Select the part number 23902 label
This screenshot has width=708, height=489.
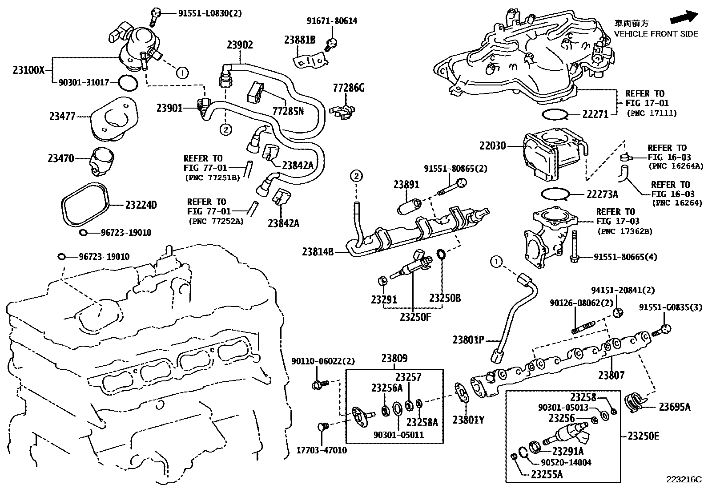(x=240, y=44)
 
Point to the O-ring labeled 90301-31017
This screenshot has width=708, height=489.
(x=128, y=83)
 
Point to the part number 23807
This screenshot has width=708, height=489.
(x=611, y=375)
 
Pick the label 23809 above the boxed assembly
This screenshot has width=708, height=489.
(x=394, y=358)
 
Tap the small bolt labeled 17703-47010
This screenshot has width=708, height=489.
(x=322, y=428)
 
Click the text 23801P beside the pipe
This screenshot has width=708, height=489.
(x=468, y=340)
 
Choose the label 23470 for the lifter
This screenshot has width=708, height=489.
(x=61, y=158)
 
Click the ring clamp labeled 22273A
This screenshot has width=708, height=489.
(x=556, y=194)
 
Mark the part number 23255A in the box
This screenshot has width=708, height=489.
(x=547, y=474)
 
